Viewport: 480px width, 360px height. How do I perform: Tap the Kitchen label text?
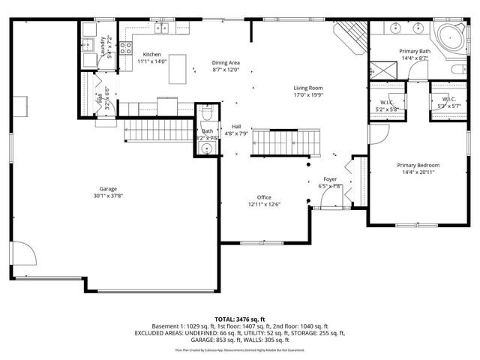pyautogui.click(x=152, y=55)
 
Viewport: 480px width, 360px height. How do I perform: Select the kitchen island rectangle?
pyautogui.click(x=178, y=69)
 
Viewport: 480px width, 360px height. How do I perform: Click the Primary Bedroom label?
pyautogui.click(x=418, y=165)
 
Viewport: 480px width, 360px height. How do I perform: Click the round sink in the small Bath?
pyautogui.click(x=208, y=148)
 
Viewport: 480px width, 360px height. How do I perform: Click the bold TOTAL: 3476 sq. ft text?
pyautogui.click(x=240, y=319)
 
